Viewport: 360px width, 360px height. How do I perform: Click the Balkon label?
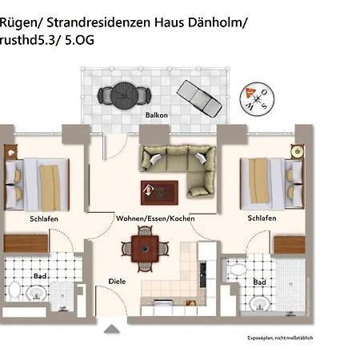click(157, 115)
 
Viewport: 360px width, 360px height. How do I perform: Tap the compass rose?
click(257, 99)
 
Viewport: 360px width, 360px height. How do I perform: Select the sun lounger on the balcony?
click(199, 98)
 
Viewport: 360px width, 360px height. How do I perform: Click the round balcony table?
click(124, 95)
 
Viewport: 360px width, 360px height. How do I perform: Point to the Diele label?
click(117, 282)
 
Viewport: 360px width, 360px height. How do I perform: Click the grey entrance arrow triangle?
click(112, 329)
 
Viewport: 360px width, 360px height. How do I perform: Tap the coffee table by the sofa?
click(159, 193)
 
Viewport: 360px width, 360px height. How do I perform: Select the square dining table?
click(145, 249)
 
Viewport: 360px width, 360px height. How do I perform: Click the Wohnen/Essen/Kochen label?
click(155, 218)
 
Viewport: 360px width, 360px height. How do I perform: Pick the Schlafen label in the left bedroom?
click(44, 219)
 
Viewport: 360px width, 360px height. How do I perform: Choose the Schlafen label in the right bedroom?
click(262, 218)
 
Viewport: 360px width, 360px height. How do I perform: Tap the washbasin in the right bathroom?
click(259, 303)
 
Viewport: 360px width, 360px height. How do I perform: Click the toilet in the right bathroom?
click(237, 270)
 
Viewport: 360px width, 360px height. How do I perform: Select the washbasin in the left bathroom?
click(36, 293)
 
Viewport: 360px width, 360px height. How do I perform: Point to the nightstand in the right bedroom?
click(297, 152)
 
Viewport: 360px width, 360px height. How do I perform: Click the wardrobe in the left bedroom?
click(26, 243)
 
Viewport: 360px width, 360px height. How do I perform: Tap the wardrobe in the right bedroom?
click(290, 245)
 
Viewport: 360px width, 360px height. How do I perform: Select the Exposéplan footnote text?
click(280, 338)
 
